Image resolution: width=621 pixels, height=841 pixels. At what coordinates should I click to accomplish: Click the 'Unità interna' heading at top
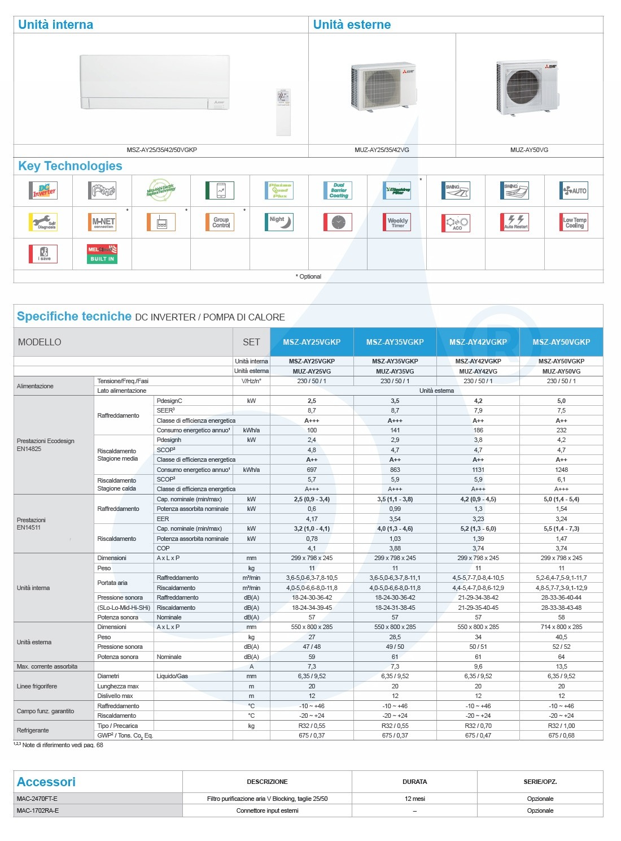pos(55,24)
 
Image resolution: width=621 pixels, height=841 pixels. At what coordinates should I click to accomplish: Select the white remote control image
pos(283,111)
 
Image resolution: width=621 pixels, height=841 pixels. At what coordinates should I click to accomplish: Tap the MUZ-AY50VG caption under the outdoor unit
pos(529,150)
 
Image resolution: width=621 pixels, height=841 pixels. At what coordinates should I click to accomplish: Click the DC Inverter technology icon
pos(43,190)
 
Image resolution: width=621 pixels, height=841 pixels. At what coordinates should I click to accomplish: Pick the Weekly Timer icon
pos(397,222)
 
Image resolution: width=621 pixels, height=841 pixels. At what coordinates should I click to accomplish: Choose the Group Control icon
pos(220,222)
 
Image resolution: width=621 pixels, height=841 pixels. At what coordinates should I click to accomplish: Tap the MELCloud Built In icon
pos(102,254)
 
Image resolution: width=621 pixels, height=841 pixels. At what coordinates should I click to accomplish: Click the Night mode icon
pos(279,222)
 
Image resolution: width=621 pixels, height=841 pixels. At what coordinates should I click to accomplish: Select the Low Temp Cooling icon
pos(574,222)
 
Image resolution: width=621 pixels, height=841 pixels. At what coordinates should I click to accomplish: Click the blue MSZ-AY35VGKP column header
pos(395,342)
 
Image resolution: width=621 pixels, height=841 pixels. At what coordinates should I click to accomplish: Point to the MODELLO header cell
pos(40,342)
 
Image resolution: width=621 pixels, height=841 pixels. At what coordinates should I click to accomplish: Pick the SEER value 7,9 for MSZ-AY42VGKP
pos(478,410)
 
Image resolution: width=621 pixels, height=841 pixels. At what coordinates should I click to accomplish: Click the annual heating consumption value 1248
pos(561,470)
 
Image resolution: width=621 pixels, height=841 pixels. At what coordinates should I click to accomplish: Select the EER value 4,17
pos(312,519)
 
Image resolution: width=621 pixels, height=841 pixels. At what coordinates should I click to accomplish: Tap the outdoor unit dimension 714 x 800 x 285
pos(561,627)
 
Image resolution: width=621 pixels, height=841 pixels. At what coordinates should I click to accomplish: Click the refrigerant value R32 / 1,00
pos(561,726)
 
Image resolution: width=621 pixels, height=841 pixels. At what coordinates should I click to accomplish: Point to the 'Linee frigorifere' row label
pos(37,686)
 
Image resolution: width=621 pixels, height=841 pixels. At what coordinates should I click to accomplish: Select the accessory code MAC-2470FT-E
pos(37,799)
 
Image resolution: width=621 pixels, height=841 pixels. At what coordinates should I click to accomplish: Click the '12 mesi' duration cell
pos(414,799)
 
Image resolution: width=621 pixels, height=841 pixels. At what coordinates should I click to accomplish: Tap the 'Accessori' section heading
pos(46,782)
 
